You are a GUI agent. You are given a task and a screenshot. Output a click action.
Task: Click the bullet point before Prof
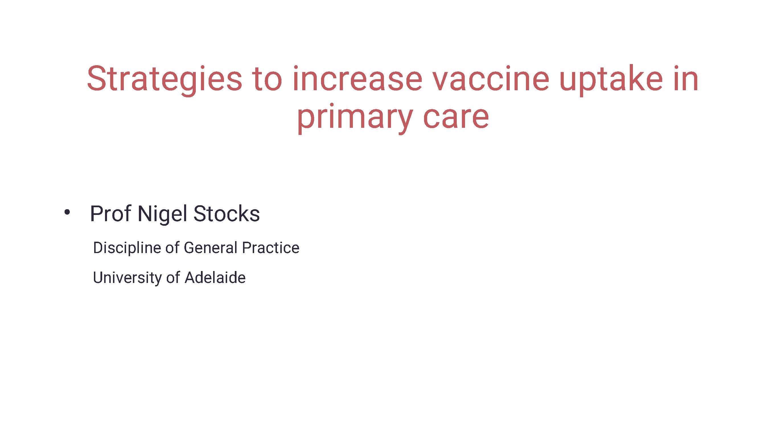point(67,212)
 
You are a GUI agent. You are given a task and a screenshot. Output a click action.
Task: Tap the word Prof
point(110,214)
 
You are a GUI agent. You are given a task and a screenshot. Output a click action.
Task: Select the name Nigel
point(162,214)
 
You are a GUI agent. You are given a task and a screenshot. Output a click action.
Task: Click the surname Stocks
point(226,214)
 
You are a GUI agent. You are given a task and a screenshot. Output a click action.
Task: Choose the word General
point(210,248)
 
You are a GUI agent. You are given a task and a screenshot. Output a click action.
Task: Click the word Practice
point(270,248)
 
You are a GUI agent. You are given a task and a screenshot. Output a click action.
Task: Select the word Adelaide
point(215,278)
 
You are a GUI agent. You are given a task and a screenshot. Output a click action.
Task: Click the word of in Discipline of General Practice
point(172,248)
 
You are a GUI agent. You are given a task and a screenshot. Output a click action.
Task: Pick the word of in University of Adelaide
point(173,278)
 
